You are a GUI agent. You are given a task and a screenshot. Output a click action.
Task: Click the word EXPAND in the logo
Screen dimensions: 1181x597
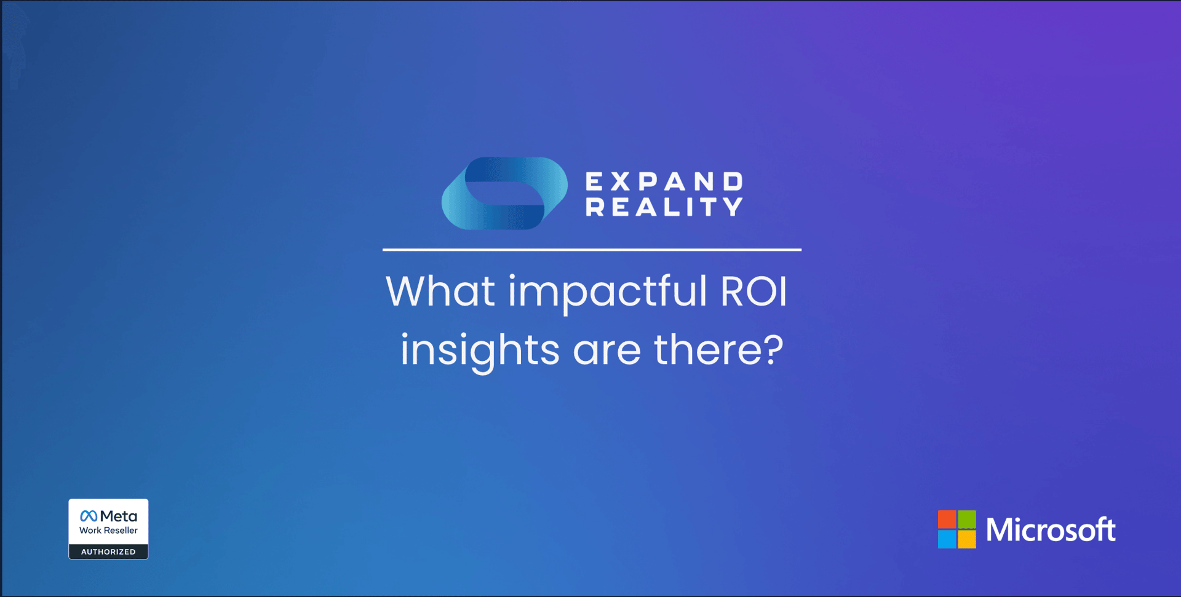(664, 181)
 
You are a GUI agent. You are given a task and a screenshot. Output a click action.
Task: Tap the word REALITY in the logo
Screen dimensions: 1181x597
(664, 207)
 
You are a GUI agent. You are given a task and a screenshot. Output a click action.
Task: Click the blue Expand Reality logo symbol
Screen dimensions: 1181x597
(504, 193)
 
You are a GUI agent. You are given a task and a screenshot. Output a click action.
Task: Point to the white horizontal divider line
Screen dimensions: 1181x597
(592, 250)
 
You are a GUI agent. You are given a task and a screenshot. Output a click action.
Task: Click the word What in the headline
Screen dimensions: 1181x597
(440, 291)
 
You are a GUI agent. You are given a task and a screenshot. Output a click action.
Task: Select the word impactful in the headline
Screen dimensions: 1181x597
(608, 292)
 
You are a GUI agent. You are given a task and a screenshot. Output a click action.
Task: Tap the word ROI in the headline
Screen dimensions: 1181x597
(754, 291)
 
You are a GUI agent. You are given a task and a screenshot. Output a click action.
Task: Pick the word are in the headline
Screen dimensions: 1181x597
(607, 352)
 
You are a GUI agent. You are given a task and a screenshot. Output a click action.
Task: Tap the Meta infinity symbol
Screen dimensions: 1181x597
(89, 516)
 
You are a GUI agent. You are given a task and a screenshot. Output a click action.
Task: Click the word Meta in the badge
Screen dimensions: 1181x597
(119, 516)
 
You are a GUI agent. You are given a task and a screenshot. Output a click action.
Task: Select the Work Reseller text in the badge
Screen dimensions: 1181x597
(108, 530)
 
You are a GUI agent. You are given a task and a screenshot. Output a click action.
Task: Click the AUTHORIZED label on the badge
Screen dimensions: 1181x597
(108, 552)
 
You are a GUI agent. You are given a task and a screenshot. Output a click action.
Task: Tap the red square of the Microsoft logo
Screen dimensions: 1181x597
(947, 520)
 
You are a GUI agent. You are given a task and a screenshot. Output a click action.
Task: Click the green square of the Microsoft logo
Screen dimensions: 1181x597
(967, 520)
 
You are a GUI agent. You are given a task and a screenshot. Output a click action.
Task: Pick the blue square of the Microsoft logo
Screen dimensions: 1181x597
(947, 539)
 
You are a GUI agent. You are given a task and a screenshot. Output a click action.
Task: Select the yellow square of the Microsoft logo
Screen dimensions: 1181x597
(967, 539)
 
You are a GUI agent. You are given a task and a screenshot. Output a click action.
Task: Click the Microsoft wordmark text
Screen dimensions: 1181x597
(1051, 529)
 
